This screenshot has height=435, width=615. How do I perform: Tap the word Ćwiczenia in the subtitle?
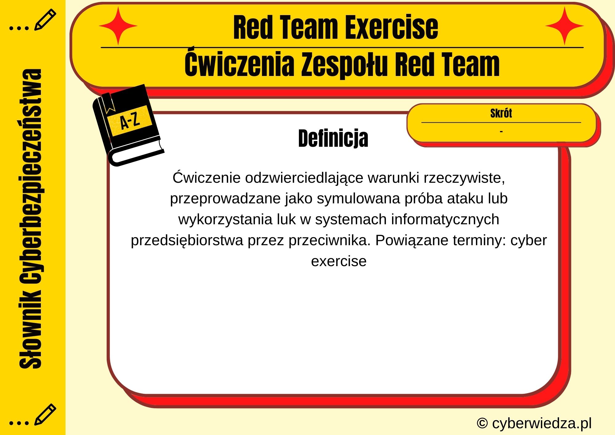239,65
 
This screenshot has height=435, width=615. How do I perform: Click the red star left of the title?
118,26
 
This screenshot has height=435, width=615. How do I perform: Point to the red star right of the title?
565,26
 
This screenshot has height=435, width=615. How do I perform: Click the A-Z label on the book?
130,121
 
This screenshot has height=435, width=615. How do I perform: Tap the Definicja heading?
333,138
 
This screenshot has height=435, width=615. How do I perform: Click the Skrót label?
501,113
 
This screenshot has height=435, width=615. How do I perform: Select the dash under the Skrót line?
501,132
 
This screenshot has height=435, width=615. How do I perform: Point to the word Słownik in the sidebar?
31,329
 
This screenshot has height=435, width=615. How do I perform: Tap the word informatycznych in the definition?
445,219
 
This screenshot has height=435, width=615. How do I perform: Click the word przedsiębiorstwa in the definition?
187,240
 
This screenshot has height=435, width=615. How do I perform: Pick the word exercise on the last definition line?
339,261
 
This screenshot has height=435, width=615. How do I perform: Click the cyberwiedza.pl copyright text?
534,423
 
